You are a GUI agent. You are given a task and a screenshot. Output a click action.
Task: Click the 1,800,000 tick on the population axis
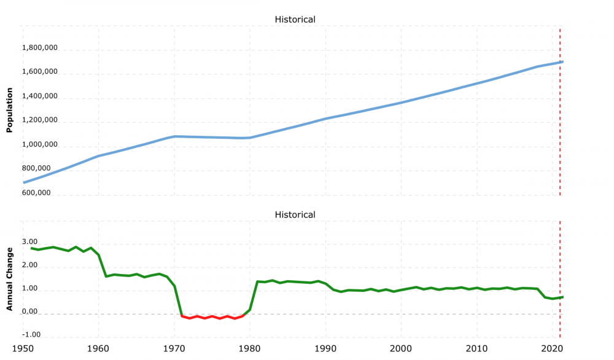tap(40, 47)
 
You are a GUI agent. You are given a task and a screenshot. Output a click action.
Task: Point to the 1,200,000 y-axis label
tap(40, 120)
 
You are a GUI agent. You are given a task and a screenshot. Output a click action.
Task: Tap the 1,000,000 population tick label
tap(40, 145)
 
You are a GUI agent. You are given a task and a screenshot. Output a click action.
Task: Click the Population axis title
tap(10, 110)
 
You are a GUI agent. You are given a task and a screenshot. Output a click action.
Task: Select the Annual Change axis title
tap(10, 279)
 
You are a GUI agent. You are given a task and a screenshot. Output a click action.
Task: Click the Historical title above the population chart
tap(295, 20)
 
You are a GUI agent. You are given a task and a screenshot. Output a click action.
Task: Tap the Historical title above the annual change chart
tap(295, 215)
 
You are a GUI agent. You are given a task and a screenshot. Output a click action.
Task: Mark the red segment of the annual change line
tap(212, 317)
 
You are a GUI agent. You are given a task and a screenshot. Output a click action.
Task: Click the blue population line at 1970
tap(174, 136)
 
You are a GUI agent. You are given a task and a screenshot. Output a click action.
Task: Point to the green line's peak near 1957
tap(76, 247)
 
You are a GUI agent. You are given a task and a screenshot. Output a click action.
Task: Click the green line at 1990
tap(325, 284)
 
